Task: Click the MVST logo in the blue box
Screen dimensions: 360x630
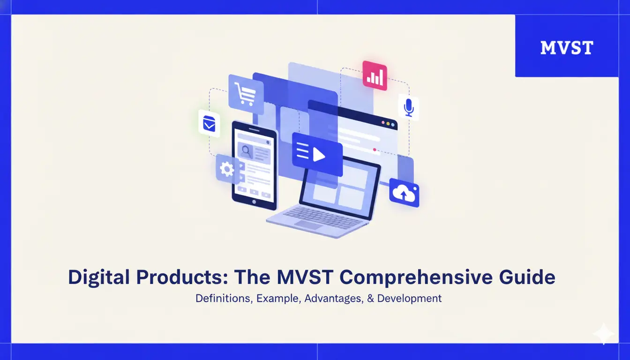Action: (566, 47)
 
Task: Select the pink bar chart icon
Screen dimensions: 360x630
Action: (375, 76)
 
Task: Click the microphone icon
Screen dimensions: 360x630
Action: (408, 107)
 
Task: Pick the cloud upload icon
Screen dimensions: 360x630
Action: (404, 193)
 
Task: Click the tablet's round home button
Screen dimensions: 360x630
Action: (254, 202)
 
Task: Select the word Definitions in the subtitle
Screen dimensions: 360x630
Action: (221, 298)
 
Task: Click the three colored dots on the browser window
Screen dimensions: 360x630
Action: (389, 123)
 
